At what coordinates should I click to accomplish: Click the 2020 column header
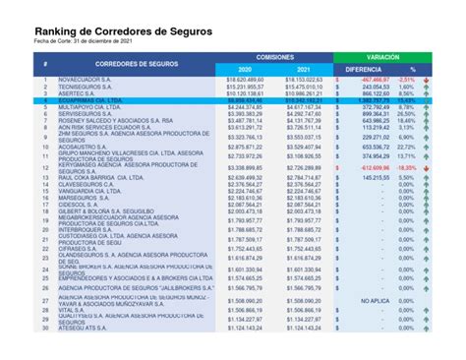tap(246, 70)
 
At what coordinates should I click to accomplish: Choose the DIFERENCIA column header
tap(364, 70)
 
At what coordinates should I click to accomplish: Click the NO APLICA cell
tap(376, 300)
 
